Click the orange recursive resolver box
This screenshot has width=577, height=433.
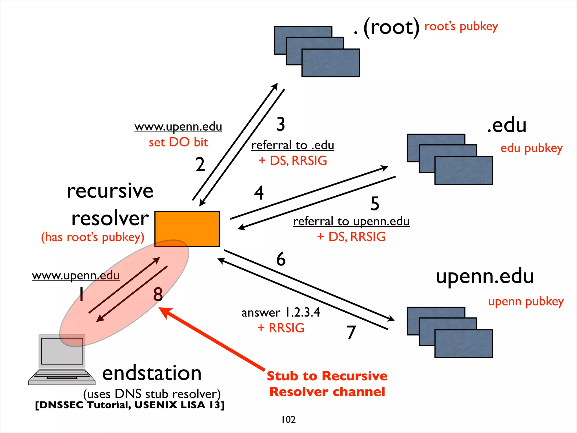[x=187, y=229]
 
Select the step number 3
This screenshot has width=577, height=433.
[x=281, y=124]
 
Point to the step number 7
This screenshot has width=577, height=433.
[x=351, y=332]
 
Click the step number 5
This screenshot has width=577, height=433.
[x=375, y=204]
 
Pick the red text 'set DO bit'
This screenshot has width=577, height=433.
[x=178, y=142]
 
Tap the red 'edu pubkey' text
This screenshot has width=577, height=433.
[x=531, y=148]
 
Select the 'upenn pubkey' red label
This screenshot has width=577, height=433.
[x=526, y=302]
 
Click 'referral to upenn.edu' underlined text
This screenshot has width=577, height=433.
[x=351, y=221]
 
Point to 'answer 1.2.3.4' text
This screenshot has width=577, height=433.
[x=281, y=312]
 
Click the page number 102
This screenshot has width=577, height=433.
[x=288, y=419]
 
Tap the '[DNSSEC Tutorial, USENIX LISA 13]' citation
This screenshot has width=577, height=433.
[x=130, y=405]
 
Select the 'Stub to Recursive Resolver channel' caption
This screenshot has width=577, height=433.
[x=327, y=384]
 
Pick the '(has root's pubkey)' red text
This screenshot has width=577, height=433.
[x=93, y=237]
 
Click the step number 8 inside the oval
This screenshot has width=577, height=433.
[x=158, y=294]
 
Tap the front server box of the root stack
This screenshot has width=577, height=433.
[x=330, y=63]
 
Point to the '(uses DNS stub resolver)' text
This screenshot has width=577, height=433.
[x=152, y=394]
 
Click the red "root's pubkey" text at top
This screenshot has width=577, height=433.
[x=461, y=27]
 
